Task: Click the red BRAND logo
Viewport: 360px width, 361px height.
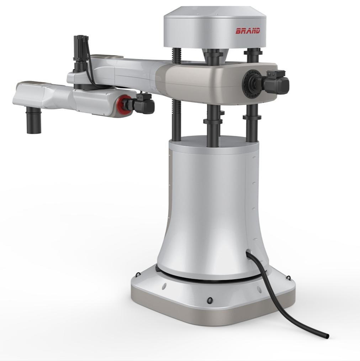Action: (248, 31)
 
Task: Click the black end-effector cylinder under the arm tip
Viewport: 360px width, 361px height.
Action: (34, 122)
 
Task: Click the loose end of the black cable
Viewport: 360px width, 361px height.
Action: (327, 336)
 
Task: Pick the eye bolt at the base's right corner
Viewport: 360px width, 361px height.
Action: (288, 278)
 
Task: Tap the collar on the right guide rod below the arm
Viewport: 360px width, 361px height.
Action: (252, 117)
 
